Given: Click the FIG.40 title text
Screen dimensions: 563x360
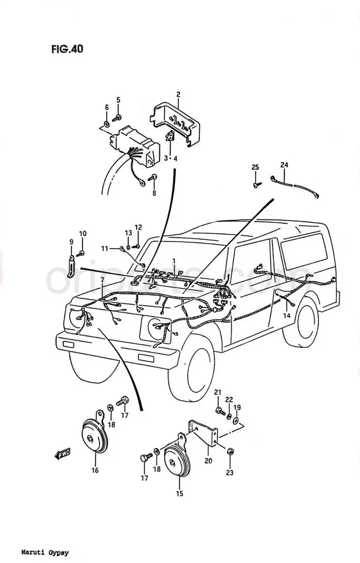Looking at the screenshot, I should (x=66, y=50).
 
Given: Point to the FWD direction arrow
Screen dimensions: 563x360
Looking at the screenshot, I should (x=62, y=453).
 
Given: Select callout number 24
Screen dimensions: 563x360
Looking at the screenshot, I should (x=284, y=165).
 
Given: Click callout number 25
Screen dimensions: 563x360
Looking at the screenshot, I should (x=255, y=168).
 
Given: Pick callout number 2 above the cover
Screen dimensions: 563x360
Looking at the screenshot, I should (x=178, y=94).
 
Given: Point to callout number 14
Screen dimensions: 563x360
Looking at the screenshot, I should (x=287, y=316).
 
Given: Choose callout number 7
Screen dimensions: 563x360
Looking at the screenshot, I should (x=102, y=280).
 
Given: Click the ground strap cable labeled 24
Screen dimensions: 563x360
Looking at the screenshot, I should (x=296, y=187).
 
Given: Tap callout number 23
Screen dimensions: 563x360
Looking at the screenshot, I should (x=229, y=473).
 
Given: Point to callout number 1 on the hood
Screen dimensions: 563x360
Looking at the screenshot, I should (x=174, y=260).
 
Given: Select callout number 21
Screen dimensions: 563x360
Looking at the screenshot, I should (x=217, y=392).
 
